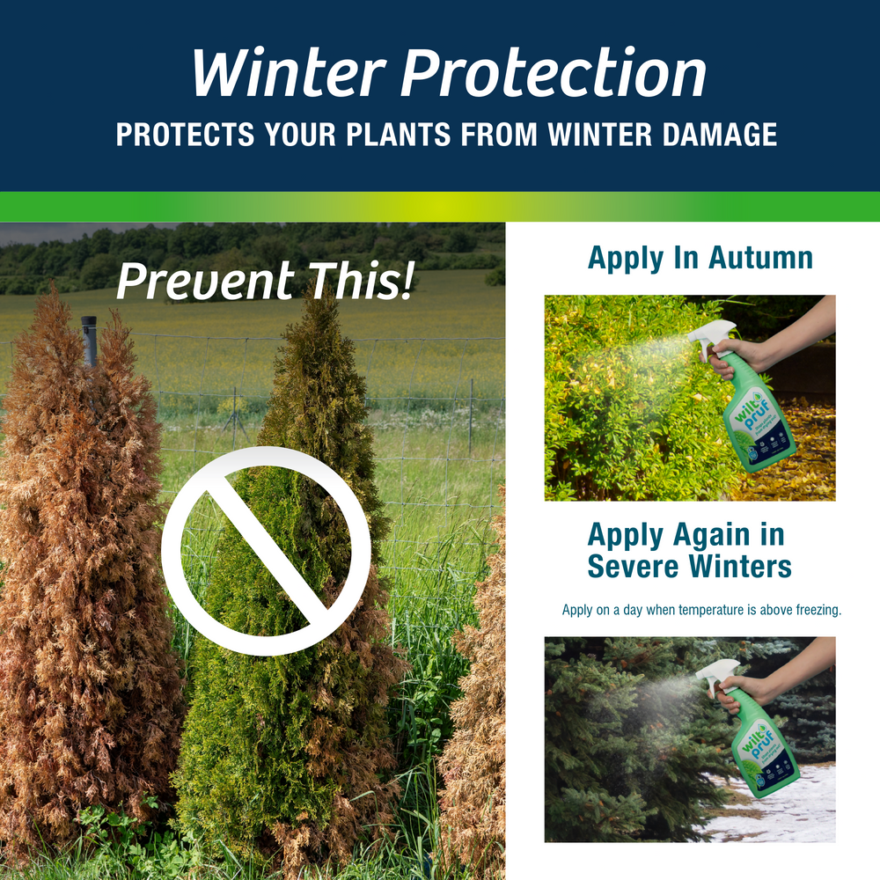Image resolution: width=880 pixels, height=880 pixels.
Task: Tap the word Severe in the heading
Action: click(633, 566)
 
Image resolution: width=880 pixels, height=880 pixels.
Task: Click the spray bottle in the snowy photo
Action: click(758, 739)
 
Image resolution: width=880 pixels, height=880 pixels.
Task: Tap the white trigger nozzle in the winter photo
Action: click(716, 671)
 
